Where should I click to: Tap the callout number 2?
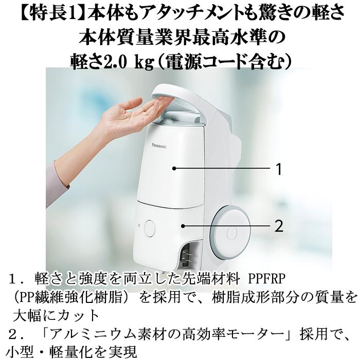coord(279,226)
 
